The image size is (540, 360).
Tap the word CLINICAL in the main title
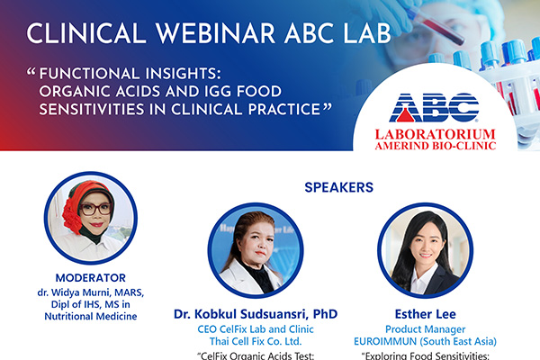[x=86, y=33]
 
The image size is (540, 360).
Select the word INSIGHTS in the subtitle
[x=183, y=74]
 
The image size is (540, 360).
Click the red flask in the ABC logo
[x=405, y=114]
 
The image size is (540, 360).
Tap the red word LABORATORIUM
[x=436, y=134]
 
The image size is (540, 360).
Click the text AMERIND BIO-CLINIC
[x=436, y=146]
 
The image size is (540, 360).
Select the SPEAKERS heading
[x=339, y=187]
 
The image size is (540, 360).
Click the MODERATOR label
[x=91, y=278]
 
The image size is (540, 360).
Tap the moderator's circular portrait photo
[x=91, y=218]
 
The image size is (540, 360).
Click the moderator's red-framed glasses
[x=95, y=209]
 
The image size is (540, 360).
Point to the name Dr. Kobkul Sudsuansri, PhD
[x=256, y=314]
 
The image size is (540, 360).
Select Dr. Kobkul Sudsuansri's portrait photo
[x=256, y=250]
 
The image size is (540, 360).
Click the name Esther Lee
[x=426, y=314]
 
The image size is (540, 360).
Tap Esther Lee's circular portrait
[x=426, y=250]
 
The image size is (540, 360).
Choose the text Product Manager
[x=426, y=329]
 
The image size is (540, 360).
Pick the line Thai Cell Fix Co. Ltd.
[x=256, y=341]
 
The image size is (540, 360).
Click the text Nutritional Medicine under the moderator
[x=91, y=316]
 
